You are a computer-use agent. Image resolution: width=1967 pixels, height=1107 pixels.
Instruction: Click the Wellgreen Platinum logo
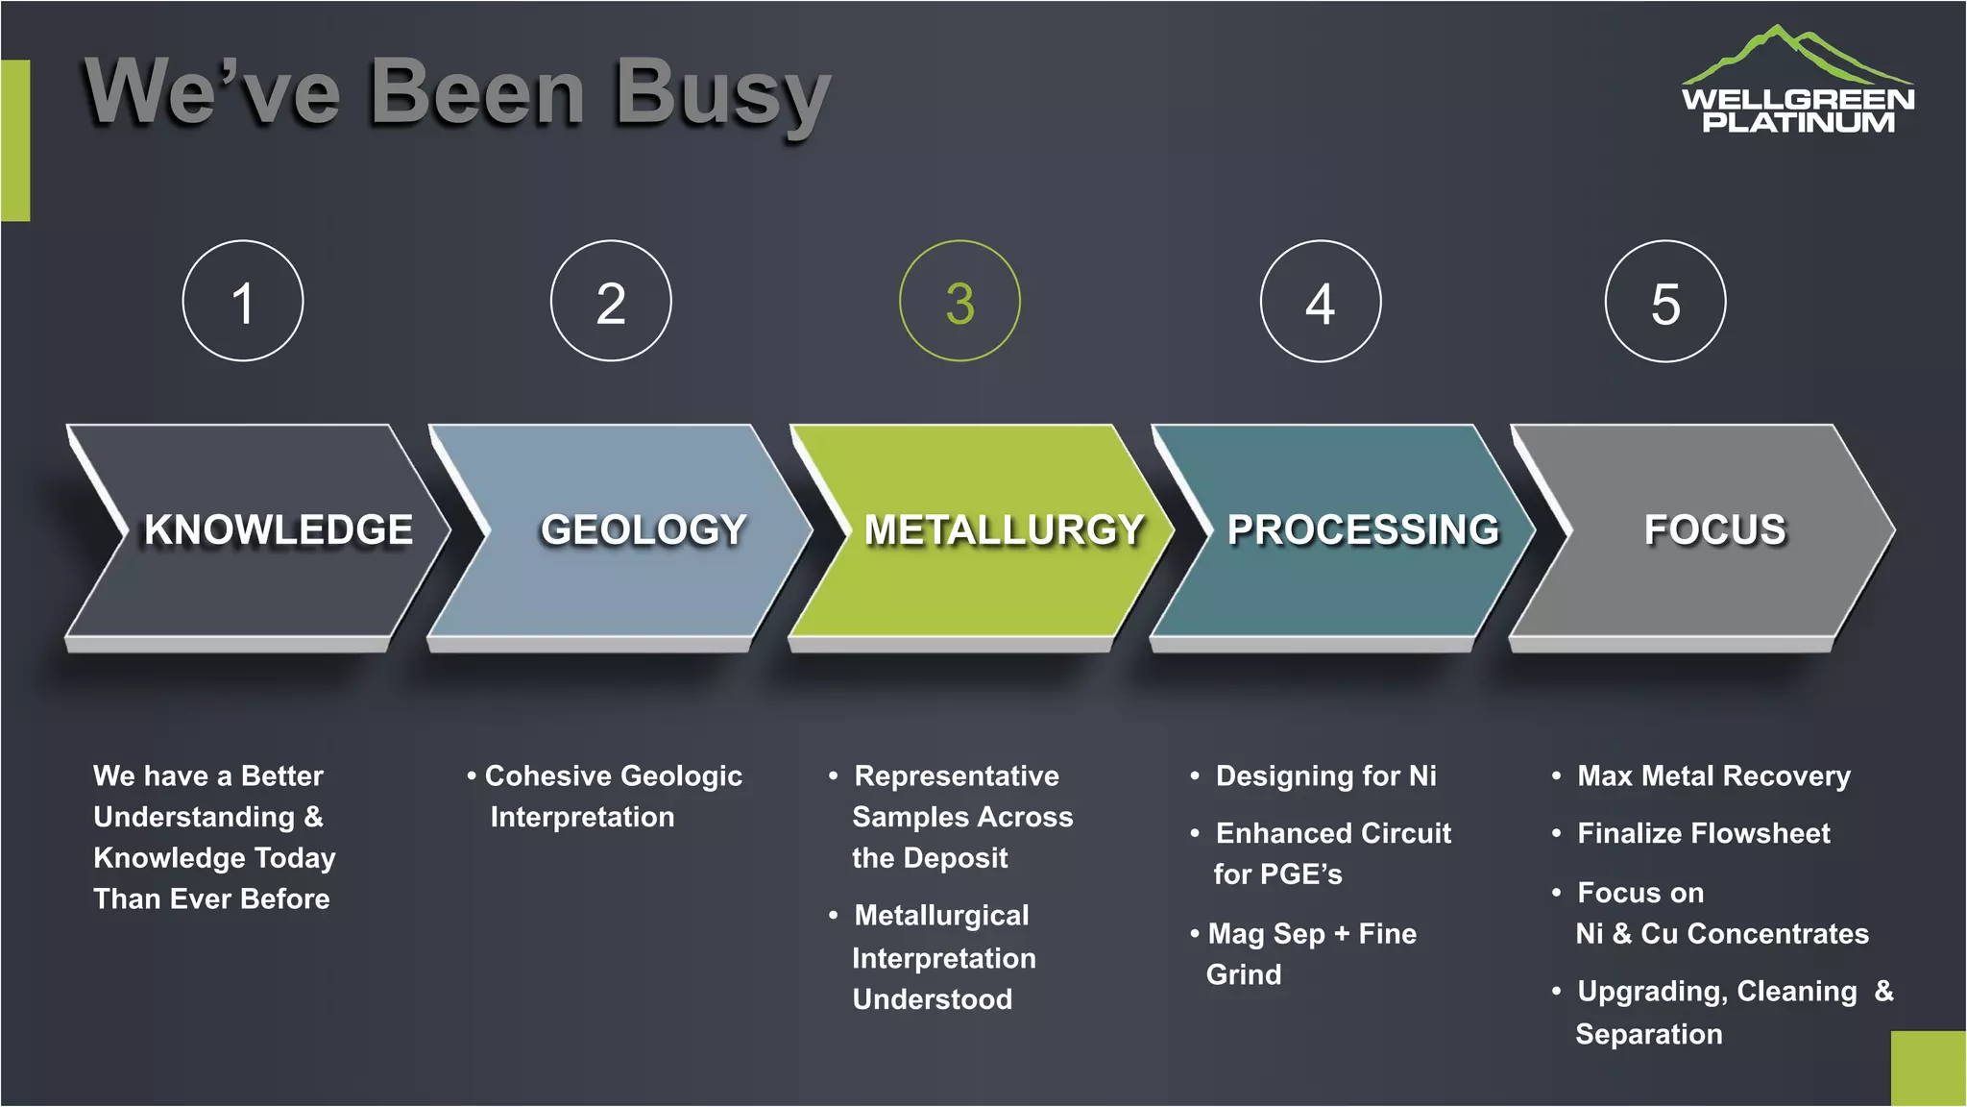pyautogui.click(x=1797, y=82)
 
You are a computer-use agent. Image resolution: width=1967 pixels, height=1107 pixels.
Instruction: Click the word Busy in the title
pyautogui.click(x=722, y=94)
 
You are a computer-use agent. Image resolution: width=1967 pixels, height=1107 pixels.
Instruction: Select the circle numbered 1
pyautogui.click(x=243, y=302)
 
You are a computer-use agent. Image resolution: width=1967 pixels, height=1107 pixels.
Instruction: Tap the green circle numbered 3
pyautogui.click(x=959, y=302)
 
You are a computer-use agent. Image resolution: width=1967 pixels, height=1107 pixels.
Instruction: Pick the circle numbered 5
pyautogui.click(x=1665, y=302)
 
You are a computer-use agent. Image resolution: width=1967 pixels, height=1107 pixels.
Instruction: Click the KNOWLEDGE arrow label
pyautogui.click(x=279, y=530)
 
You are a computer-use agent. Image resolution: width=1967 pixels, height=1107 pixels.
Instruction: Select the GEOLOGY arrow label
pyautogui.click(x=644, y=530)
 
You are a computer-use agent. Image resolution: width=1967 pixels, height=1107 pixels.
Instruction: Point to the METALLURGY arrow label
pyautogui.click(x=1004, y=530)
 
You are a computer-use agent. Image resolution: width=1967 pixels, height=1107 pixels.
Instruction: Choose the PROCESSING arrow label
pyautogui.click(x=1363, y=530)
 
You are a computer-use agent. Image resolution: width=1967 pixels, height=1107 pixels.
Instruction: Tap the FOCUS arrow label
pyautogui.click(x=1714, y=530)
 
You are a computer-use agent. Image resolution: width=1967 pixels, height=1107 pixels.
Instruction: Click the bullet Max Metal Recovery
pyautogui.click(x=1713, y=776)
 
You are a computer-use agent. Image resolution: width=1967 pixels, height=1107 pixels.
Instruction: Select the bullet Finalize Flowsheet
pyautogui.click(x=1703, y=834)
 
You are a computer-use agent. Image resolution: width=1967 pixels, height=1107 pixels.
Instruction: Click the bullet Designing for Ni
pyautogui.click(x=1325, y=776)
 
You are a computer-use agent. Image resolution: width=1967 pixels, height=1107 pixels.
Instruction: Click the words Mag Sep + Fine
pyautogui.click(x=1312, y=934)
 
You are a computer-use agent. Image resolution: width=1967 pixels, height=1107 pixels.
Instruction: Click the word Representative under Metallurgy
pyautogui.click(x=957, y=776)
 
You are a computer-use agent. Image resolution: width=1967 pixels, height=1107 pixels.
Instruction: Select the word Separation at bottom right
pyautogui.click(x=1648, y=1035)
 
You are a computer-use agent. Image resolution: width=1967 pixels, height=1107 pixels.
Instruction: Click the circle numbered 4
pyautogui.click(x=1321, y=302)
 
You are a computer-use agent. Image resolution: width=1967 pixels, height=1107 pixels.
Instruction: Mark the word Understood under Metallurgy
pyautogui.click(x=932, y=1000)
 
